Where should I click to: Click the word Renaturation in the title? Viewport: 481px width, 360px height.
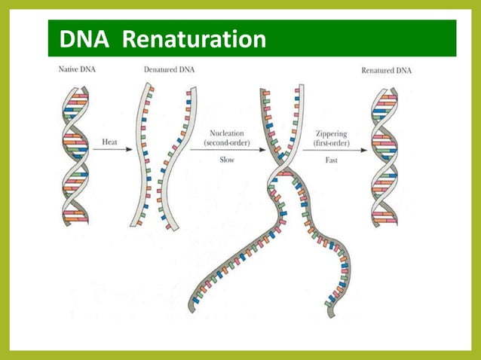(x=193, y=38)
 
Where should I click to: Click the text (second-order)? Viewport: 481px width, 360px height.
(x=225, y=142)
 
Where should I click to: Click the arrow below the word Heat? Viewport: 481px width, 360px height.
(x=114, y=150)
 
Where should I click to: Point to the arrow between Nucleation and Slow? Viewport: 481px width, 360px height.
(x=225, y=150)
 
